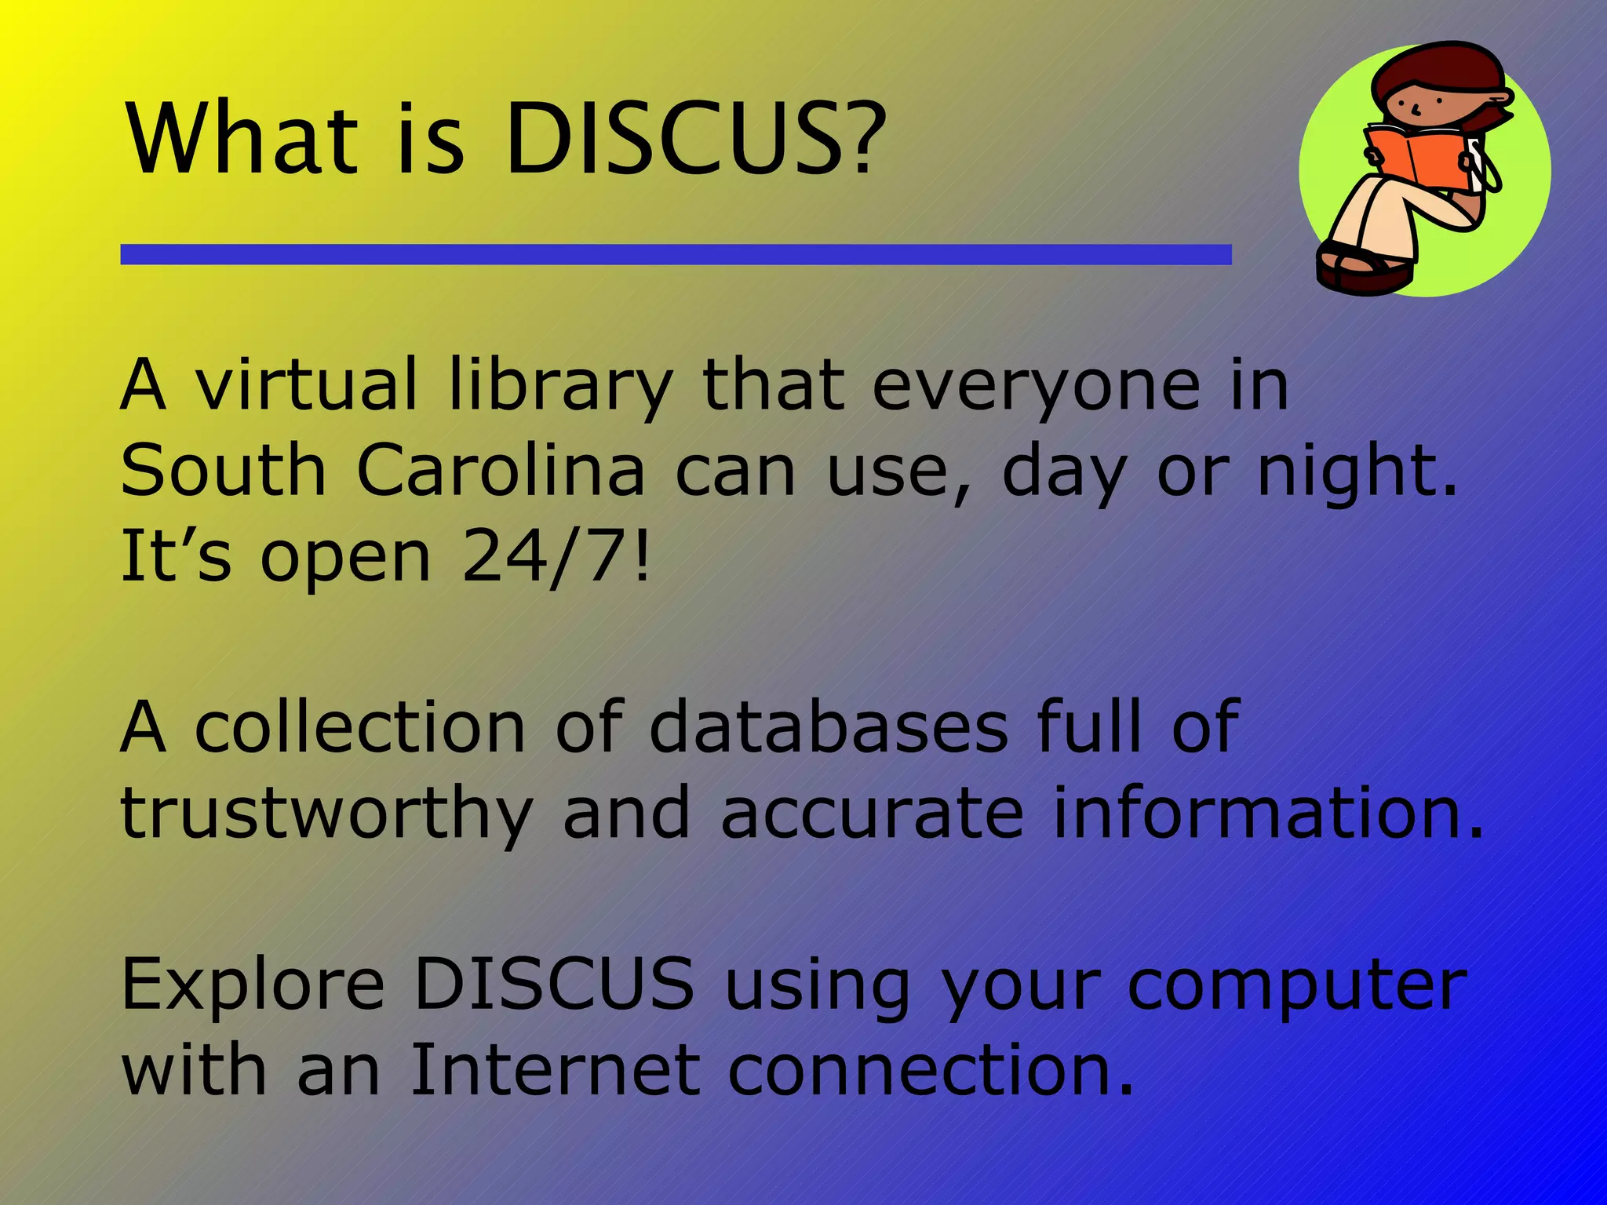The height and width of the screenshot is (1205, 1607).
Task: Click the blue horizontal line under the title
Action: [675, 254]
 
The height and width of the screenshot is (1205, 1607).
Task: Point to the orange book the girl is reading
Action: [1412, 157]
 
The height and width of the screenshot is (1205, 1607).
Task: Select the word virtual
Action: [306, 384]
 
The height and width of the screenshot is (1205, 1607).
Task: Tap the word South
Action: [223, 471]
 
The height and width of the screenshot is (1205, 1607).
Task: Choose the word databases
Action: [828, 728]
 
